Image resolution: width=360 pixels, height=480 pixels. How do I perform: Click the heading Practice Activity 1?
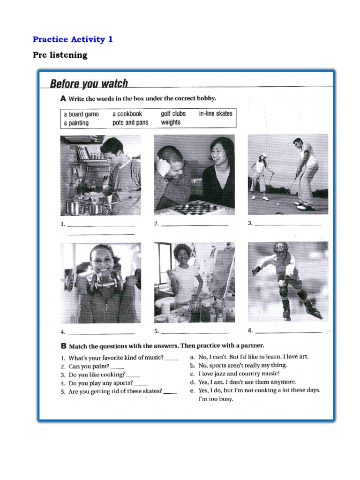pos(73,39)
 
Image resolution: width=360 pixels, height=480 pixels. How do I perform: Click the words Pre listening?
pos(60,55)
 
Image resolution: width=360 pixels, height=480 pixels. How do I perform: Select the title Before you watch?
pos(89,84)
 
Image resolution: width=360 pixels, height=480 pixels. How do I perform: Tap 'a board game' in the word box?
pos(82,114)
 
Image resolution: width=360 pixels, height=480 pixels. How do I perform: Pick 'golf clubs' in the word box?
pos(173,113)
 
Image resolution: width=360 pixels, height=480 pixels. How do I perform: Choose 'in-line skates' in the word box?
pos(215,113)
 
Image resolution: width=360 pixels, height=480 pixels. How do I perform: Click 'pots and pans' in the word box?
pos(130,122)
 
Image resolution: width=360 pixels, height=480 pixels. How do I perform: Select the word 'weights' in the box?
pos(170,122)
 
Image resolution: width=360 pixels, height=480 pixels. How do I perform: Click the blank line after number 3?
pos(289,225)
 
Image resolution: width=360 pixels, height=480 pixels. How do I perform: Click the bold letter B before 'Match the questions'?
pos(64,347)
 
